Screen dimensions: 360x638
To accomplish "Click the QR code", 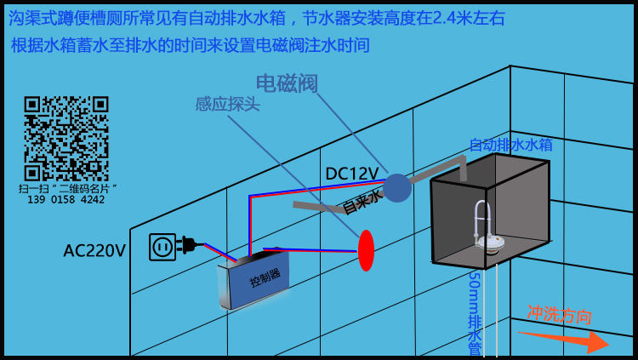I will coord(66,138).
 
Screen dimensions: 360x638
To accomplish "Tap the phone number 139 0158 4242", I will coord(66,200).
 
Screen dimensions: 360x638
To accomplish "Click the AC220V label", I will coord(94,250).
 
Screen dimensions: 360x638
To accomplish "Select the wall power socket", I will coord(162,247).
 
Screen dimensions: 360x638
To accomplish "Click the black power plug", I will coord(189,245).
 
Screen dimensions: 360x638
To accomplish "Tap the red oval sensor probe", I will coord(366,250).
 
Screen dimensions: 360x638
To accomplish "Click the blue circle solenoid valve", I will coord(396,188).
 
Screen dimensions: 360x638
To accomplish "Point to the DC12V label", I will coord(351,174).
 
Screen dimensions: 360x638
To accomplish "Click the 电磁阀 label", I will coord(287,83).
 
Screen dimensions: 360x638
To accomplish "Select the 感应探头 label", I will coord(227,104).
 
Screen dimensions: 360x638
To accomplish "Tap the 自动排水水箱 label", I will coord(510,145).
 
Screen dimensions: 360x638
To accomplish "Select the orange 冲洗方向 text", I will coord(559,315).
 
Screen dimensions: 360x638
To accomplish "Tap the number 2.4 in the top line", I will coord(441,18).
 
